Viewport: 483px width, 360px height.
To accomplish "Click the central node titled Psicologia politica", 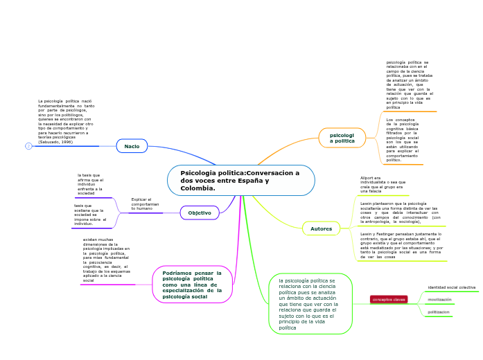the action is click(240, 181).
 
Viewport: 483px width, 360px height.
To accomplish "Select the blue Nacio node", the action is click(132, 146).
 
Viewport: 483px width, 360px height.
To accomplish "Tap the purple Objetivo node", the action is click(200, 213).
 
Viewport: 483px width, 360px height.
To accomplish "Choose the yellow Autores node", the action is click(321, 228).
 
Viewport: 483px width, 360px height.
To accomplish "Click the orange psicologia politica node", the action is click(342, 138).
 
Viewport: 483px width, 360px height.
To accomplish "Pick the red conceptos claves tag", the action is click(389, 299).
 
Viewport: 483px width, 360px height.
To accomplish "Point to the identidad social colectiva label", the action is click(451, 287).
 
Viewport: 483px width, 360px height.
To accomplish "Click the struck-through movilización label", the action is click(439, 300).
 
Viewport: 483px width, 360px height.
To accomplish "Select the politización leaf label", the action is click(439, 312).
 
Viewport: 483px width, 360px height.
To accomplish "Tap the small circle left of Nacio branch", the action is click(28, 146).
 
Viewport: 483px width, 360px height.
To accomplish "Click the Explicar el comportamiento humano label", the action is click(145, 204).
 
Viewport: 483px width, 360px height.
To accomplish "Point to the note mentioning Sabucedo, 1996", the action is click(66, 121).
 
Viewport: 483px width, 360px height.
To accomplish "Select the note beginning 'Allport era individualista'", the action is click(381, 184).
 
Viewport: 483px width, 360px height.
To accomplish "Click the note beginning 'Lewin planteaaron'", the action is click(400, 213).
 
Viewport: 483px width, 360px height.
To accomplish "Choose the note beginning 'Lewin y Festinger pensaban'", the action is click(401, 246).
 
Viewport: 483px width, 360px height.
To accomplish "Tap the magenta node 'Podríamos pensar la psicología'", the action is click(192, 285).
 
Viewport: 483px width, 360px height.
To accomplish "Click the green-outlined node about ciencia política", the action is click(310, 304).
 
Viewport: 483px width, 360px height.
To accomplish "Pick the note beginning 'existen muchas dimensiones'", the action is click(106, 260).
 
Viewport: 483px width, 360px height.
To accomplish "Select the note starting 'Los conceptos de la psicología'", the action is click(403, 140).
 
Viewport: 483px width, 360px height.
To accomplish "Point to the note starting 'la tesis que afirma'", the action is click(90, 184).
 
